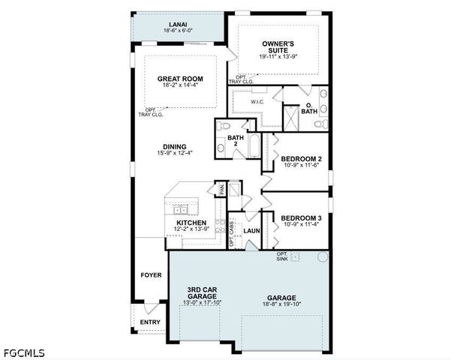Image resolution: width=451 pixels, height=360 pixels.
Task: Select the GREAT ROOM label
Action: click(x=180, y=78)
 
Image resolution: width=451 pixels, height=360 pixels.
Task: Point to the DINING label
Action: click(x=174, y=147)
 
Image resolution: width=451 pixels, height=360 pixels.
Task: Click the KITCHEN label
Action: click(x=191, y=223)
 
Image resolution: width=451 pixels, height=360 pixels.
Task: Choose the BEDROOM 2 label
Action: click(x=302, y=159)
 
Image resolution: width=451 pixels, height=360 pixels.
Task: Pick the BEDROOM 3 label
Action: click(x=302, y=218)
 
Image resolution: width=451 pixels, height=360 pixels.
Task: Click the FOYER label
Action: click(x=151, y=275)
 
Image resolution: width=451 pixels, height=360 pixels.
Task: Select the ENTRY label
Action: click(x=150, y=322)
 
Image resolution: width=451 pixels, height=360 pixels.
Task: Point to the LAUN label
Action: click(x=251, y=230)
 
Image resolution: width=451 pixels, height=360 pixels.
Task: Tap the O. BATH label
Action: click(x=309, y=109)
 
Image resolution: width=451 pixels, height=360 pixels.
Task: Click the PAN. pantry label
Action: click(x=221, y=189)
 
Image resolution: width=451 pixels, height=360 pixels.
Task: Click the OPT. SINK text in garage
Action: click(x=283, y=256)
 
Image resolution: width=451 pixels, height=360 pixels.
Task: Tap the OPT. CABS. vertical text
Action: click(x=231, y=233)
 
